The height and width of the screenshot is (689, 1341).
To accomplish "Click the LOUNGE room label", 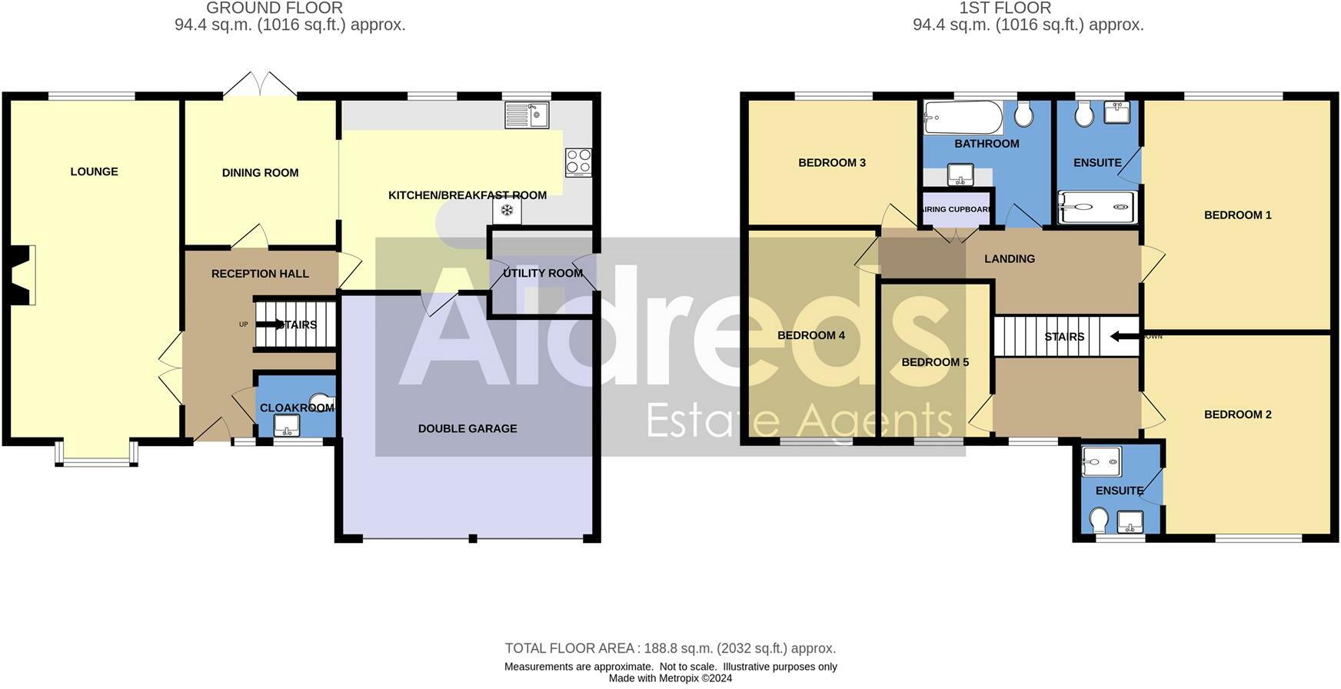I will [94, 171].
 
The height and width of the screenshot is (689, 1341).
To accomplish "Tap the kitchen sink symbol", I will [527, 115].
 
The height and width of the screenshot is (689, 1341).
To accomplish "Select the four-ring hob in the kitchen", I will [578, 162].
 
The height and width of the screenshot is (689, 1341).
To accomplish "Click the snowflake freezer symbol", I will [507, 210].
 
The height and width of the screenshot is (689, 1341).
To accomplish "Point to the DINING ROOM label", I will [260, 173].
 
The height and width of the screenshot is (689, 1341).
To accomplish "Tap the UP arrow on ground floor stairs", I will [269, 325].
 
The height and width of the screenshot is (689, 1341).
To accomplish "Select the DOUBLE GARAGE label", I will [467, 428].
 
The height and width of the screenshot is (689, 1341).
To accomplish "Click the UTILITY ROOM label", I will [542, 273].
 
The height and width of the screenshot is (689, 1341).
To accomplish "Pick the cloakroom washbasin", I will [286, 424].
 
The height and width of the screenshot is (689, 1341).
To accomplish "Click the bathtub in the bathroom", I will [963, 118].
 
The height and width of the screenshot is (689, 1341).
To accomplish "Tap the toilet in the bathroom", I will [1023, 115].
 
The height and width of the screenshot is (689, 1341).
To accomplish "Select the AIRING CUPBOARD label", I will [956, 209].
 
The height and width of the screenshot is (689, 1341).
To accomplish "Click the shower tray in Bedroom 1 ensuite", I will [1097, 207].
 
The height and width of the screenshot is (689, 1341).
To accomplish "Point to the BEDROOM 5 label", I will [935, 362].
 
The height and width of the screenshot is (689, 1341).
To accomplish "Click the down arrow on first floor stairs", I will [1125, 336].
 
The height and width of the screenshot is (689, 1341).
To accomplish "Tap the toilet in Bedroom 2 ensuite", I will [1099, 520].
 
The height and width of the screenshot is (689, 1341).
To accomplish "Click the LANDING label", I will [1009, 259].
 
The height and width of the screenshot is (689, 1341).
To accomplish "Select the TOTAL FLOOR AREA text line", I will [670, 648].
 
